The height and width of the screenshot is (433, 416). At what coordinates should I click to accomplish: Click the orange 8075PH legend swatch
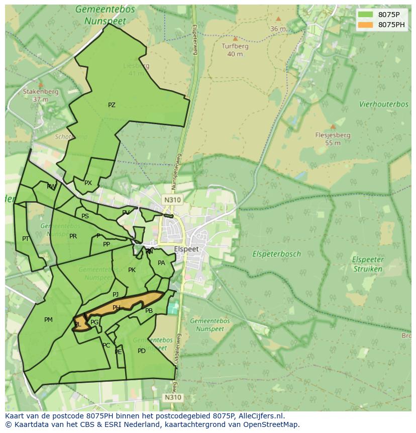(x=366, y=25)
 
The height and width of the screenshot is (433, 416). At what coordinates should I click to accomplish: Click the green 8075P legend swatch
(x=366, y=15)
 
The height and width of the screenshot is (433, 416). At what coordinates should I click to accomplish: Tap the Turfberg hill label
(x=235, y=46)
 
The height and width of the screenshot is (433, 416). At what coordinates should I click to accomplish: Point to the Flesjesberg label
(x=333, y=135)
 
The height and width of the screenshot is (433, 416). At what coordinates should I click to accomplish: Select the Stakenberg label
(x=41, y=92)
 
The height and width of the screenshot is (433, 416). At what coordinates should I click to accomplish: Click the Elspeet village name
(x=186, y=249)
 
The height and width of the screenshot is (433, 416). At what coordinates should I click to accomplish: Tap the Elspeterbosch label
(x=276, y=254)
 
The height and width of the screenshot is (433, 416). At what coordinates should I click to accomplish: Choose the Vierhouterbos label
(x=384, y=104)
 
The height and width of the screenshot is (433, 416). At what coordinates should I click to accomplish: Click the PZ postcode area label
(x=112, y=105)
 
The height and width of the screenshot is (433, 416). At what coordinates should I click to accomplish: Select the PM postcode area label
(x=48, y=320)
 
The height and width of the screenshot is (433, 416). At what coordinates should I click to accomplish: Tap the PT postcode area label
(x=26, y=239)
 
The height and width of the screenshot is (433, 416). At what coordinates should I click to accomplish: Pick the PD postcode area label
(x=142, y=351)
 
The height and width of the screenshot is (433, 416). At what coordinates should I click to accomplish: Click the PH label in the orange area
(x=117, y=308)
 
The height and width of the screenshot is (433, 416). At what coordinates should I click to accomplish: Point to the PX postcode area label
(x=88, y=183)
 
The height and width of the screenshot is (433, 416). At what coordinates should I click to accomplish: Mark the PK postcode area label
(x=132, y=270)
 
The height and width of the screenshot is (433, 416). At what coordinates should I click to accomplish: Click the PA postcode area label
(x=161, y=263)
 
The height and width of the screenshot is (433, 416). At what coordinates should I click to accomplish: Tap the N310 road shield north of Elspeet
(x=172, y=200)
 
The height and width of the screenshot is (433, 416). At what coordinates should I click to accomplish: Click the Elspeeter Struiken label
(x=368, y=264)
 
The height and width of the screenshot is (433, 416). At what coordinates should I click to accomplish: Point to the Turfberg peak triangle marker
(x=235, y=38)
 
